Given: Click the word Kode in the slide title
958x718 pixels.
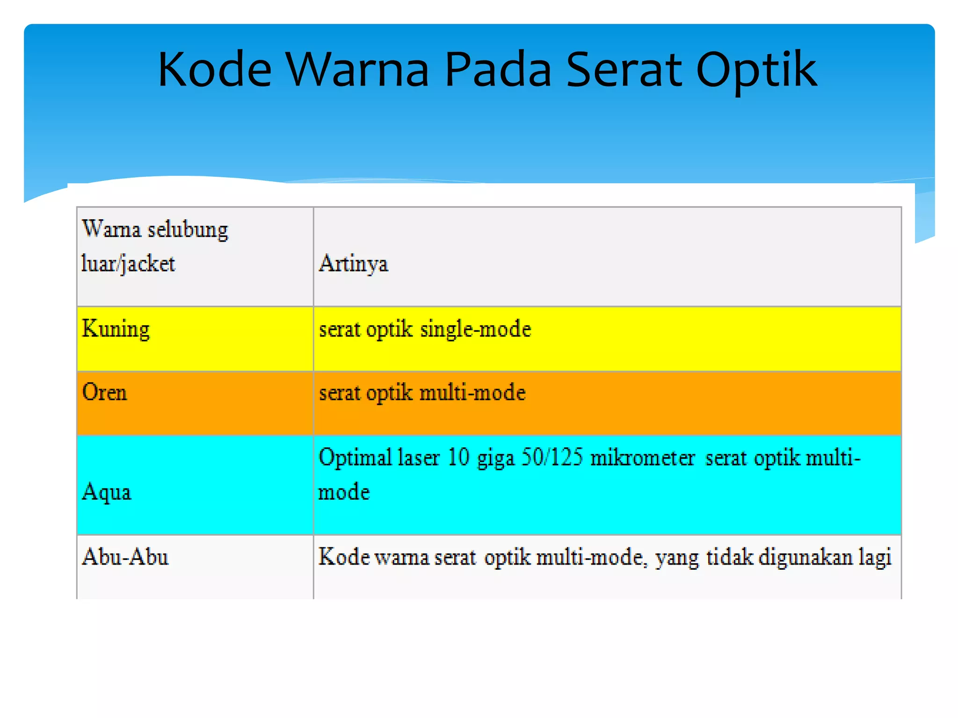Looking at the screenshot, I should coord(215,70).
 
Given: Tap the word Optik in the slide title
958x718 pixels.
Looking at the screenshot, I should coord(756,70).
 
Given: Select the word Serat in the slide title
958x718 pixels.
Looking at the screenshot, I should coord(624,70).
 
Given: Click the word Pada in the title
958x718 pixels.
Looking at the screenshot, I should coord(498,70).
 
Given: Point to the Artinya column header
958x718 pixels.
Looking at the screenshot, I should coord(353,264).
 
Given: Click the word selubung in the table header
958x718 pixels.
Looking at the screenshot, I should coord(188,230).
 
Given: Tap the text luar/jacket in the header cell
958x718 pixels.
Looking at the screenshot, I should coord(128,264).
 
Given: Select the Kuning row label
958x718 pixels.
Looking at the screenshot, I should coord(116,329).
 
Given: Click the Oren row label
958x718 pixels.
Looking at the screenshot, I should coord(104,392).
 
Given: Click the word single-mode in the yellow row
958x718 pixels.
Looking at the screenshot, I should coord(476,329).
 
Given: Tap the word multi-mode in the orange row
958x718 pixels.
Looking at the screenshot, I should coord(472,392).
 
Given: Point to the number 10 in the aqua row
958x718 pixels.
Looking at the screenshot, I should coord(458,457).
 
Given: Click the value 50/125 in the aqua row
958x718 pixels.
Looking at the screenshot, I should coord(552,457).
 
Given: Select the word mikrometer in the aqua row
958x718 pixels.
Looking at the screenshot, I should coord(643,457).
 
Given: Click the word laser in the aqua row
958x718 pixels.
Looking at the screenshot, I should coord(419,457).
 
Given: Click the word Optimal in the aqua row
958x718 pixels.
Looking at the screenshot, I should coord(355,457).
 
